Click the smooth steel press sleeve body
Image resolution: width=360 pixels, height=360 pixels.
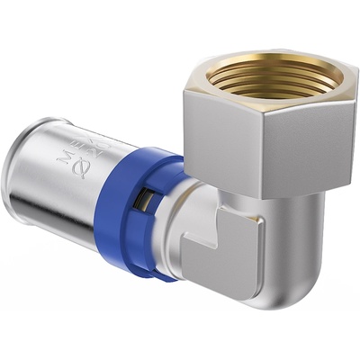pos(54,189)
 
